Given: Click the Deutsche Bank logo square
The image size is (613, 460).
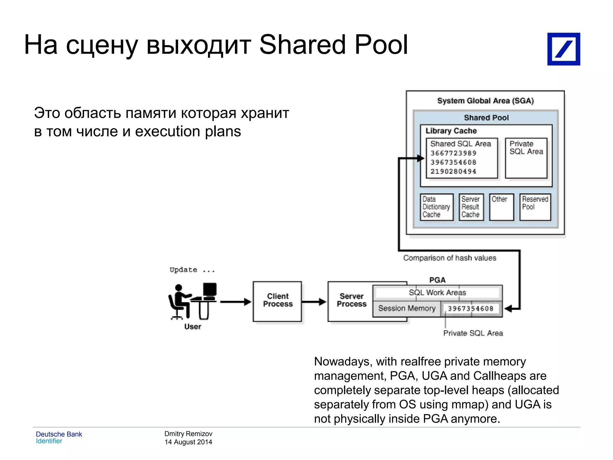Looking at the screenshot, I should tap(563, 49).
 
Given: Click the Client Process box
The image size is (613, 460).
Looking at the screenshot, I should tap(277, 301).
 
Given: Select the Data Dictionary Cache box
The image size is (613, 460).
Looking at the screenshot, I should tap(436, 207).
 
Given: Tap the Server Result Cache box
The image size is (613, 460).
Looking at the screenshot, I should tap(471, 207).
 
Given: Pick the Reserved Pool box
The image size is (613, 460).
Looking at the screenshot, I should tap(535, 207).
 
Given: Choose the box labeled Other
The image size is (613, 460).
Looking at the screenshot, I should tap(501, 207).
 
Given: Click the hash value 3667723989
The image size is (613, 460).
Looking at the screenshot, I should tap(453, 153).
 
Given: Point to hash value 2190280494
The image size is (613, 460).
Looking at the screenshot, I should tap(453, 172).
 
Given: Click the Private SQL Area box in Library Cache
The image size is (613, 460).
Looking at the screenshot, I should tap(526, 158).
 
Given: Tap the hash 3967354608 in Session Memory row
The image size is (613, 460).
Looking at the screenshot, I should tap(471, 309).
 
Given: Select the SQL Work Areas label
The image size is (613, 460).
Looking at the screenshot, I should tap(437, 293).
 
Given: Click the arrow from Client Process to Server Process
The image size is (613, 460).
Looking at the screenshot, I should tap(314, 302).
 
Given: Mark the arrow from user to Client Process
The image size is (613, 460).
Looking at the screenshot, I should tap(236, 302).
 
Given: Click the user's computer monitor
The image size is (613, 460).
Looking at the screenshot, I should tap(210, 289).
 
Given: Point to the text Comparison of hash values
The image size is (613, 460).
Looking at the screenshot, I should tap(450, 258).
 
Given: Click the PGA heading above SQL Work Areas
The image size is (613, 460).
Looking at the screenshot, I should tap(437, 280).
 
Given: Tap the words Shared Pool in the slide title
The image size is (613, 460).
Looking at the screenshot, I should tap(333, 45).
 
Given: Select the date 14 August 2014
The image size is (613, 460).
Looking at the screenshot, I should tap(188, 442).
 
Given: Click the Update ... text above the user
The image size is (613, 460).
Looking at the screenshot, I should tap(192, 270).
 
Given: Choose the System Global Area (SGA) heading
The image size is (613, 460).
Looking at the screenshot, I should tap(485, 101).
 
